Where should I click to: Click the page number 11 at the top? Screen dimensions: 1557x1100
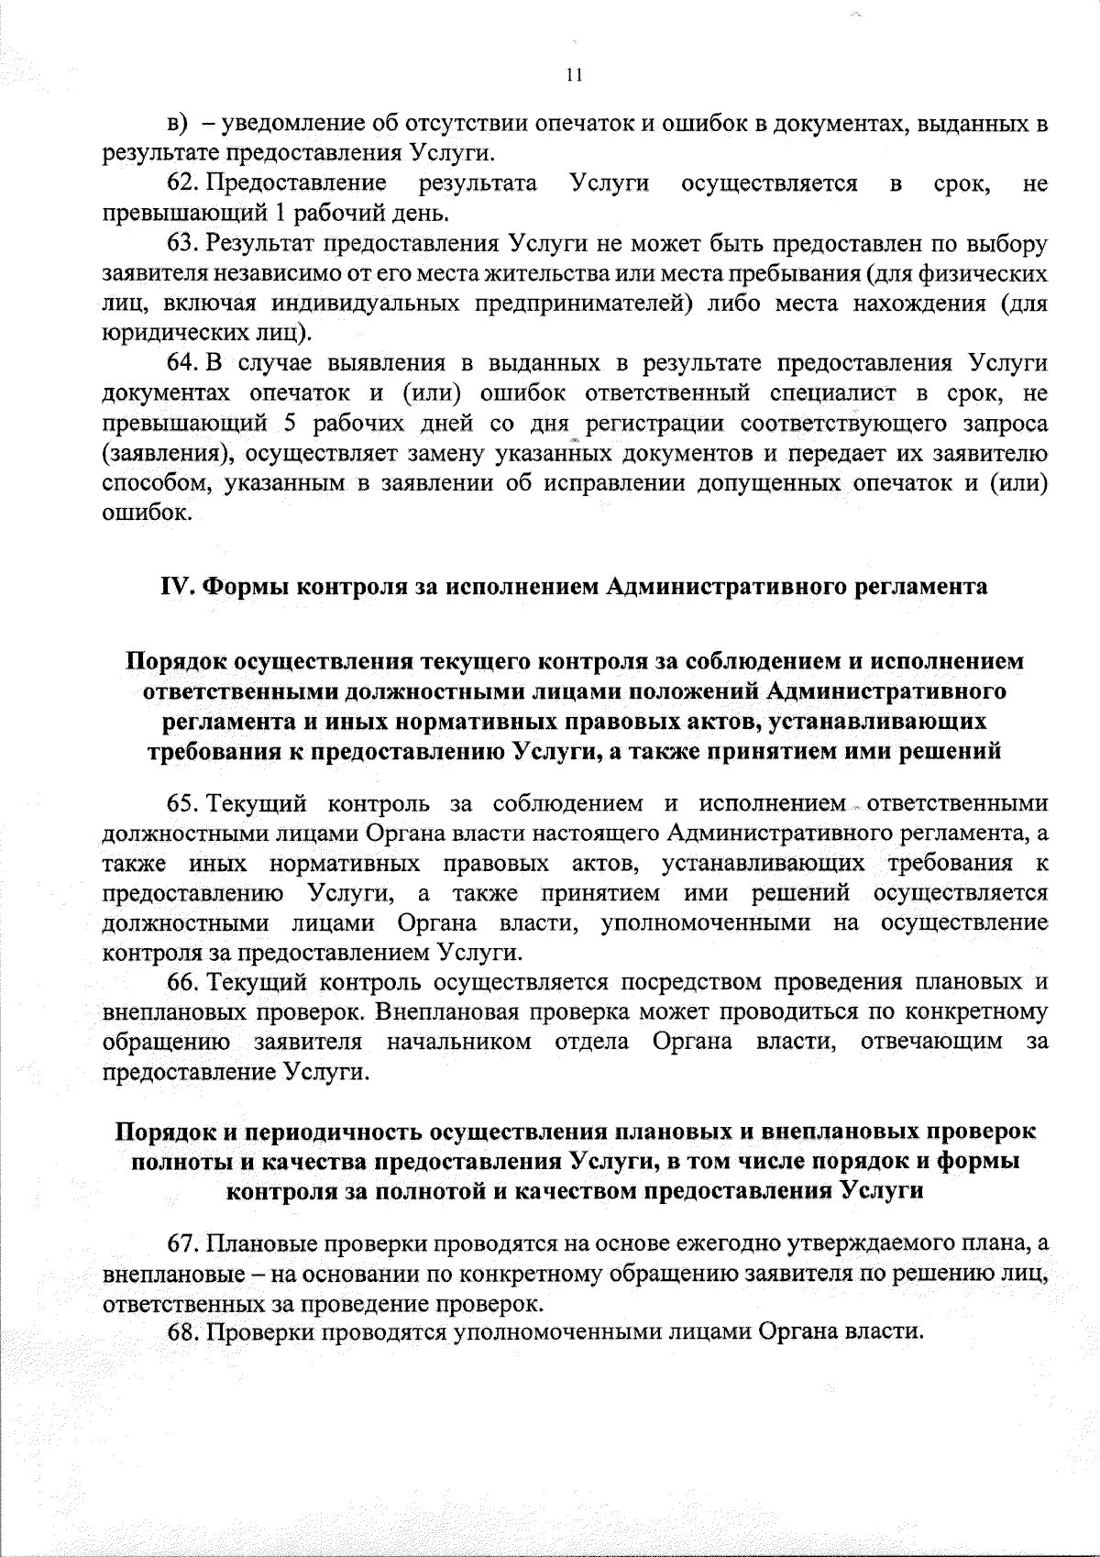[575, 77]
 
